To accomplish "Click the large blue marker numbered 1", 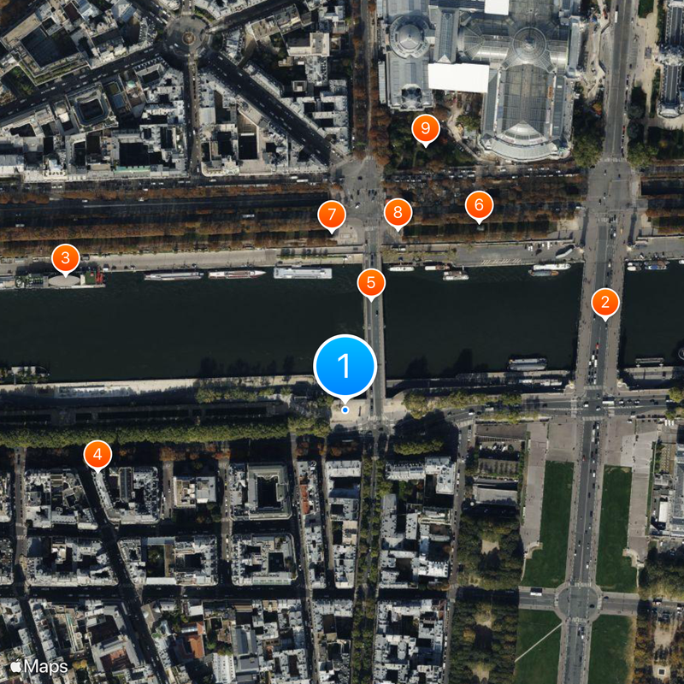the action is pos(345,365).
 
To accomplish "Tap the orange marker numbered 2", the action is pos(605,302).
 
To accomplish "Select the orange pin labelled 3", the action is pos(66,257).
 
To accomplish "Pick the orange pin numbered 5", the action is pos(371,283).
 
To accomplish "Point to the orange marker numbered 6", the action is pos(479,205).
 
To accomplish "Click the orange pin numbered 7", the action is pos(331,215).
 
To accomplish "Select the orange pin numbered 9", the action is pos(425,129).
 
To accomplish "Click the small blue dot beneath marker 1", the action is pos(345,410).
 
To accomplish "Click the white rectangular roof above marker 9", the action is pos(458,77).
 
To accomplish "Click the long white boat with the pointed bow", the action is pos(237,274).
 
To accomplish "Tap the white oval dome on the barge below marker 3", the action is pos(65,279).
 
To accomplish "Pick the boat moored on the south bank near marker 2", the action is pos(528,363).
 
